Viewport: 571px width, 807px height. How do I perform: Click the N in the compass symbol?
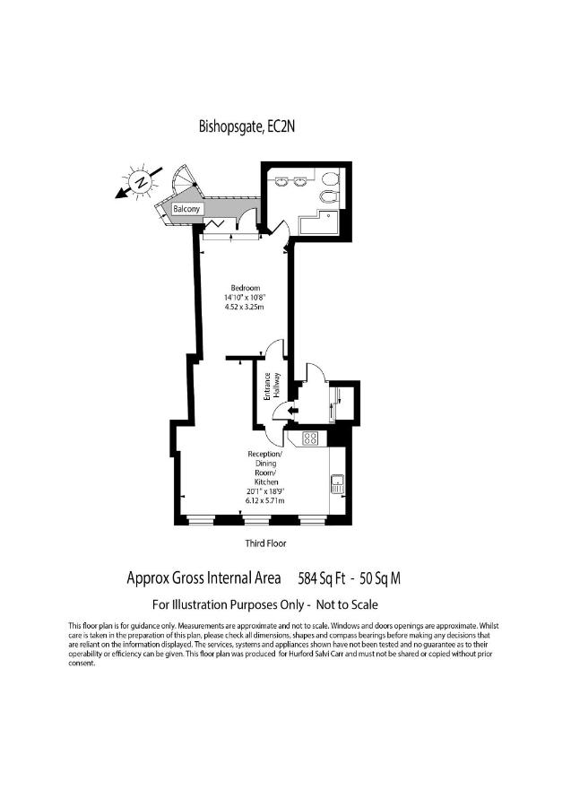(140, 182)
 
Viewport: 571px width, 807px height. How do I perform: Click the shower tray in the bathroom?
(318, 222)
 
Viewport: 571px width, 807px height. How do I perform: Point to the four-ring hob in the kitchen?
(311, 438)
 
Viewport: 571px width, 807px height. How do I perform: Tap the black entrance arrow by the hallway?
(293, 410)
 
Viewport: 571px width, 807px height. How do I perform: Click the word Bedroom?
(246, 288)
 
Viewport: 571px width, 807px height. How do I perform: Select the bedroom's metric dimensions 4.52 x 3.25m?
(244, 307)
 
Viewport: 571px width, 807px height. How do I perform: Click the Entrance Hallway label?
(273, 386)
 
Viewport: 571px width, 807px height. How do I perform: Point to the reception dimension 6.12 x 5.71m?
(265, 500)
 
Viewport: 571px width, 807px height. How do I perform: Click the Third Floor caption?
(265, 543)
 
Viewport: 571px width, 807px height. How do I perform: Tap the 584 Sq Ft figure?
(322, 579)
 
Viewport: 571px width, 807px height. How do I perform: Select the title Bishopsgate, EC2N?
(247, 126)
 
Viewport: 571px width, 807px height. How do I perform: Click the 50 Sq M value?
(380, 579)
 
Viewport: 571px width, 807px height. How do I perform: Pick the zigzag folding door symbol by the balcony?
(214, 224)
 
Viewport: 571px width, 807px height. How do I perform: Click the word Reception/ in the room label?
(265, 454)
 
